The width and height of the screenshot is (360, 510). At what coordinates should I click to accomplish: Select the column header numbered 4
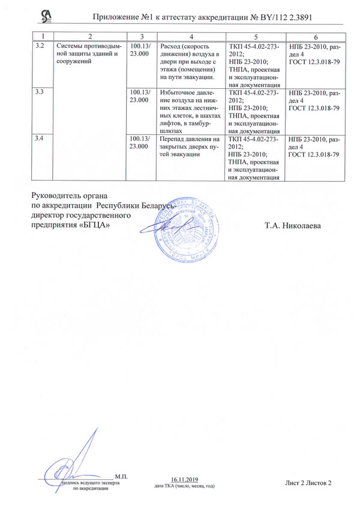pyautogui.click(x=191, y=37)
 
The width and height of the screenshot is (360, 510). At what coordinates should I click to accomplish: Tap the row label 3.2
pyautogui.click(x=40, y=46)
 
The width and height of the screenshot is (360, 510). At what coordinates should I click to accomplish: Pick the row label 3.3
pyautogui.click(x=40, y=92)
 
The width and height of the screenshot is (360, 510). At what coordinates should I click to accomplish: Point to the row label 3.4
pyautogui.click(x=40, y=139)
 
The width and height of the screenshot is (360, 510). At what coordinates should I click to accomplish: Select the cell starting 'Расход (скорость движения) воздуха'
pyautogui.click(x=191, y=62)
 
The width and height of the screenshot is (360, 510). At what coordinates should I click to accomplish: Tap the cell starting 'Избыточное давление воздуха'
pyautogui.click(x=191, y=110)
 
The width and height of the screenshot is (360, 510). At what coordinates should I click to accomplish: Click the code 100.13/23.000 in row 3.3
pyautogui.click(x=139, y=96)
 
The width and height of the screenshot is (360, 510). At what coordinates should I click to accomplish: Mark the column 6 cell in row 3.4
pyautogui.click(x=315, y=148)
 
